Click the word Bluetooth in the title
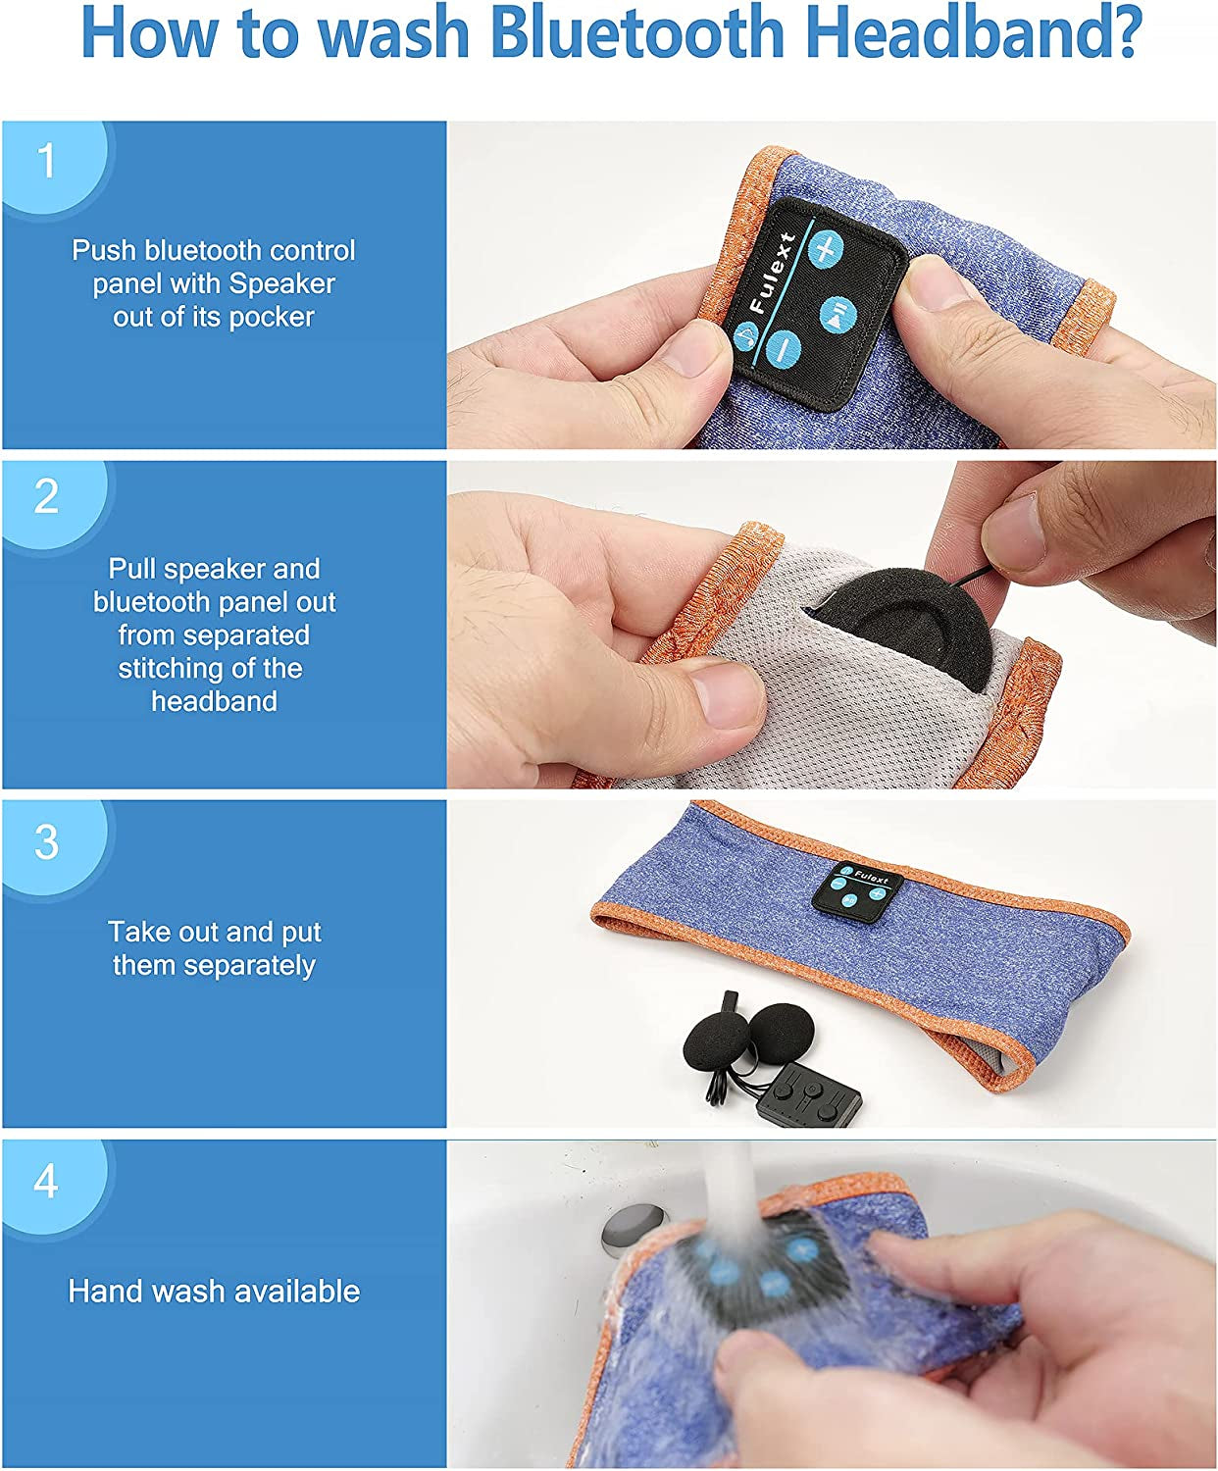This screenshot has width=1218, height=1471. coord(635,33)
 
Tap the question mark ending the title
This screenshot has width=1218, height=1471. coord(1122,32)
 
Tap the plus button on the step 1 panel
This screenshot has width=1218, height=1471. coord(825,248)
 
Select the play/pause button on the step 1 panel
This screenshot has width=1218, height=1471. coord(837,315)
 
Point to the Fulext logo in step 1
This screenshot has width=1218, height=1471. coord(772,274)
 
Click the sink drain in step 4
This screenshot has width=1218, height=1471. coord(633,1228)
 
